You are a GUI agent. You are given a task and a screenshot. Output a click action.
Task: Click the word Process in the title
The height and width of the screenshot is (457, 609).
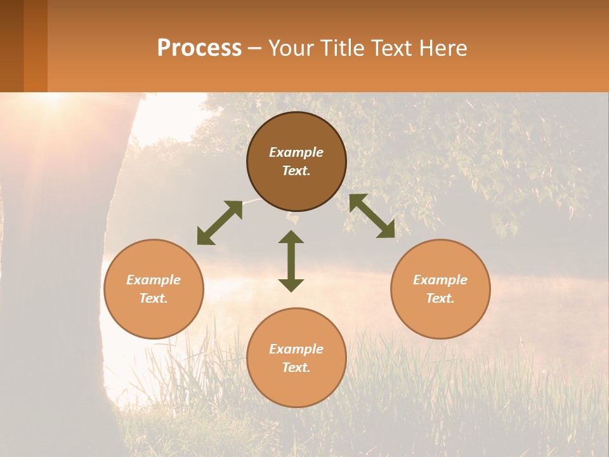click(199, 48)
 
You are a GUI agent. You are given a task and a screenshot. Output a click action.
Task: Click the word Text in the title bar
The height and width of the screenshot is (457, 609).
click(393, 48)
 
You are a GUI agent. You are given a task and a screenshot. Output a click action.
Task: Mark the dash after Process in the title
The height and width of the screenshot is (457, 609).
click(254, 50)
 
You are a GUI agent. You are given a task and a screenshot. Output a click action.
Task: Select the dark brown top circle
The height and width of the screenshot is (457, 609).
click(296, 162)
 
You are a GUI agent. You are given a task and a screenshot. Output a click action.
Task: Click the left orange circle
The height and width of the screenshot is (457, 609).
click(154, 289)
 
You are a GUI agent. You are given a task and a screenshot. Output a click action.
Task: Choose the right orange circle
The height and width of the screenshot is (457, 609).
click(440, 289)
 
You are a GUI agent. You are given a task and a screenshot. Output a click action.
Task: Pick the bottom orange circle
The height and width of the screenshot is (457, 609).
click(296, 358)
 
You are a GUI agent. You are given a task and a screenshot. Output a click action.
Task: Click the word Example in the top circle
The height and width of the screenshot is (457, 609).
click(296, 152)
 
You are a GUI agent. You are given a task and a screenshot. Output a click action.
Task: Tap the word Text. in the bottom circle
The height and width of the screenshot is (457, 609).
click(296, 368)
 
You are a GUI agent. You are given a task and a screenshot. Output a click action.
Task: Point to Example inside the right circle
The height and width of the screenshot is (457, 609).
click(440, 280)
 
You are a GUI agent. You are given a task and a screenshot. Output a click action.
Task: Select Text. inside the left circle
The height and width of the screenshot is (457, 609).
click(154, 298)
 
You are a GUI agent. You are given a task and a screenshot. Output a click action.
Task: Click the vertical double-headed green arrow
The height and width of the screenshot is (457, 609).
click(291, 261)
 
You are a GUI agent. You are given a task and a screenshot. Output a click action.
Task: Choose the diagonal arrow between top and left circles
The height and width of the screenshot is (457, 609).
click(219, 223)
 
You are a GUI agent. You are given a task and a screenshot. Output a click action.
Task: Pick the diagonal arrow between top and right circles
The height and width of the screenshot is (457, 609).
click(372, 216)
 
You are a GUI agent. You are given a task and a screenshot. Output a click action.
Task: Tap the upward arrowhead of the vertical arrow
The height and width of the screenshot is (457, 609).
click(291, 237)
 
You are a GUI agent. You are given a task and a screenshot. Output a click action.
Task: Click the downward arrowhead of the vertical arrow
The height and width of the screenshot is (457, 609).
click(291, 285)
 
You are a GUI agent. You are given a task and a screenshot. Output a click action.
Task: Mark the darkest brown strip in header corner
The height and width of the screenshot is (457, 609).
click(11, 46)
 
